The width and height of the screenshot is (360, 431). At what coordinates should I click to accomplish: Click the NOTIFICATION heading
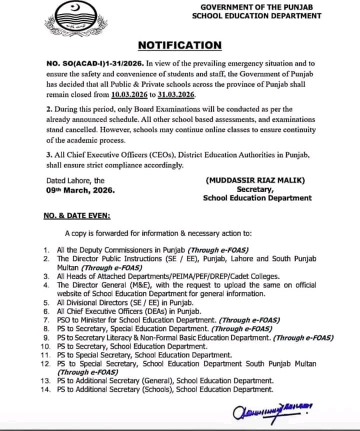(x=179, y=45)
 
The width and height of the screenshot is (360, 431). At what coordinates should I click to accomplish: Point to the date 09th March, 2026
(x=80, y=190)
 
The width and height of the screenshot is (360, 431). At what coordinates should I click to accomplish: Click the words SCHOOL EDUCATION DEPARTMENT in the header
(x=256, y=16)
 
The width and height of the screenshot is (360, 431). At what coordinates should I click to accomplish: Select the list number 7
(x=46, y=319)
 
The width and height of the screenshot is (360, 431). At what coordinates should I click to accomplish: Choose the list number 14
(x=45, y=389)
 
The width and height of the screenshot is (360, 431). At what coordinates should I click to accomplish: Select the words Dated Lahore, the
(x=75, y=181)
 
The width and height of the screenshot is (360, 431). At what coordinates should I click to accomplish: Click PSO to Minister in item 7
(x=83, y=319)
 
